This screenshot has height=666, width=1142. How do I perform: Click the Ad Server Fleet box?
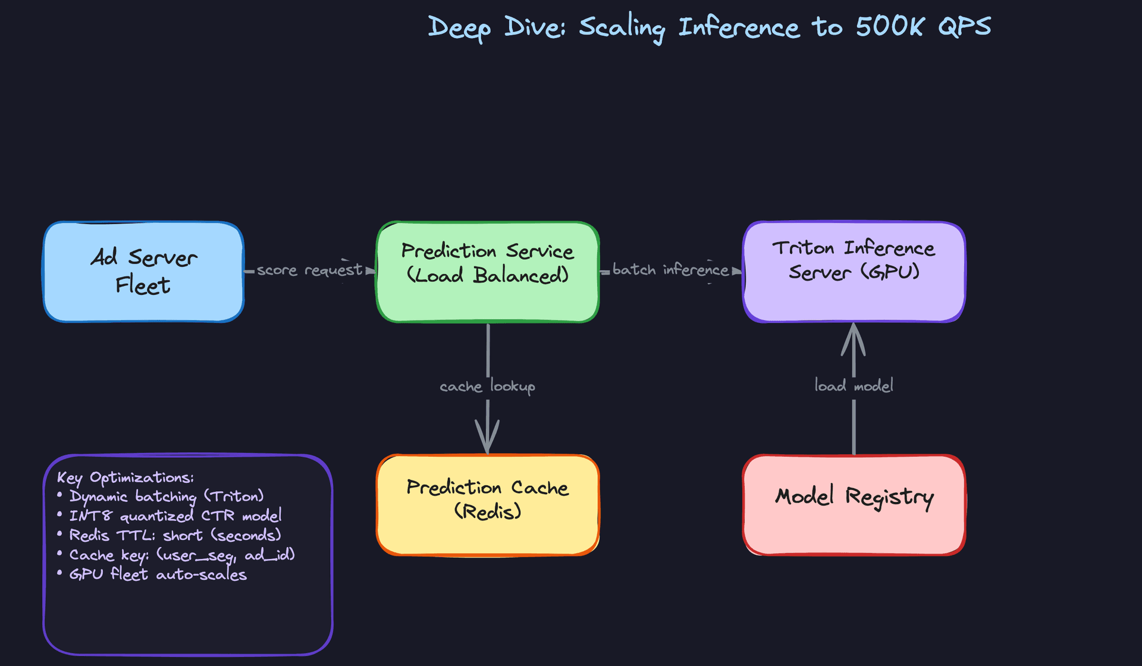pos(143,272)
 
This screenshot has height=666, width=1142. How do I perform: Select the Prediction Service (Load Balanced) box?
pos(487,272)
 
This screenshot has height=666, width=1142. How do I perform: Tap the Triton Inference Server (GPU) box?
pos(854,272)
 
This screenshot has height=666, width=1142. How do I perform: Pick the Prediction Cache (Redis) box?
pos(487,505)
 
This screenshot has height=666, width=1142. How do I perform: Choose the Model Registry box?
pos(854,505)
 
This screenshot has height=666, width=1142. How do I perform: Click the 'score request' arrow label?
pos(309,271)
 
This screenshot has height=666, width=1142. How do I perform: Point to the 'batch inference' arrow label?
pos(670,270)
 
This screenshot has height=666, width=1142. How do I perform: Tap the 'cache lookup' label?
pos(487,387)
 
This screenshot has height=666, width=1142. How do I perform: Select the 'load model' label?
pos(854,386)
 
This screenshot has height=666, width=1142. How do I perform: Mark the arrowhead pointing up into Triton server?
pos(854,339)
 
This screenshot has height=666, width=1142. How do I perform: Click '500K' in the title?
pos(890,27)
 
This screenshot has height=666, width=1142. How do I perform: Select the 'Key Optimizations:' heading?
pos(126,477)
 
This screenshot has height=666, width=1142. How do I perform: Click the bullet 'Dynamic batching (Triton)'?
pos(167,497)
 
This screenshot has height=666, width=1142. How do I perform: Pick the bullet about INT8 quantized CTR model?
pos(175,516)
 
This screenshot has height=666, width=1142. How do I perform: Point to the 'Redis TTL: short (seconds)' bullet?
pos(175,535)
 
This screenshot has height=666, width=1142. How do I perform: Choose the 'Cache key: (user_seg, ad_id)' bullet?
pos(182,555)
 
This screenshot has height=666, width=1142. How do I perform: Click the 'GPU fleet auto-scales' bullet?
pos(158,575)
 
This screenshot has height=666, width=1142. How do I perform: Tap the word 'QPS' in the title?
pos(965,27)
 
